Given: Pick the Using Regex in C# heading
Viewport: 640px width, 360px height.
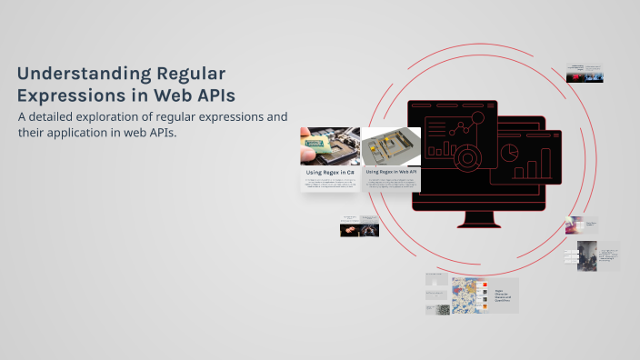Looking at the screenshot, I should [x=329, y=171].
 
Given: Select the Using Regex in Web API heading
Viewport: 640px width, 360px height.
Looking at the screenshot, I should [x=391, y=171].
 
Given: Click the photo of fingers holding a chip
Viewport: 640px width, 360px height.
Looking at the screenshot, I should [x=329, y=145].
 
